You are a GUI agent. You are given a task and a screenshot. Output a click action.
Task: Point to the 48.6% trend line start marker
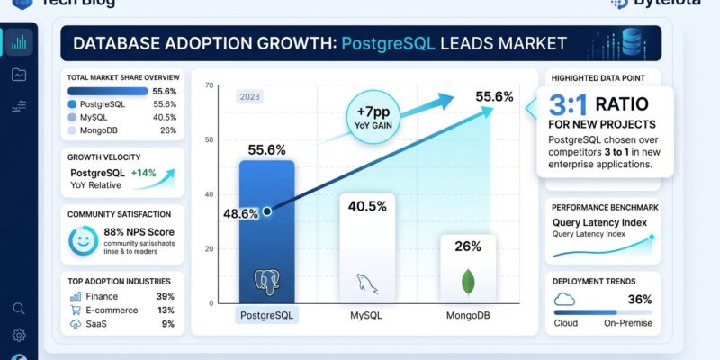pyautogui.click(x=267, y=212)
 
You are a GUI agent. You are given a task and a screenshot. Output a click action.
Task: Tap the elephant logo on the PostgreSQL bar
pyautogui.click(x=267, y=281)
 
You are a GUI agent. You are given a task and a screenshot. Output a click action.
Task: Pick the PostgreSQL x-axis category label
pyautogui.click(x=267, y=315)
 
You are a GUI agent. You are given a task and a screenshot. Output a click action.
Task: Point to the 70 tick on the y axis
pyautogui.click(x=209, y=86)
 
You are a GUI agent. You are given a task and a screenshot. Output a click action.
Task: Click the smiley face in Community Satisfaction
pyautogui.click(x=84, y=240)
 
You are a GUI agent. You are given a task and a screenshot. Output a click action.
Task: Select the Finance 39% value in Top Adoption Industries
pyautogui.click(x=166, y=296)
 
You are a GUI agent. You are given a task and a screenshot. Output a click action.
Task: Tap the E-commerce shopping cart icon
pyautogui.click(x=76, y=310)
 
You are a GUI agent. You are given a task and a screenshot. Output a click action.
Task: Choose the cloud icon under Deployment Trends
pyautogui.click(x=564, y=300)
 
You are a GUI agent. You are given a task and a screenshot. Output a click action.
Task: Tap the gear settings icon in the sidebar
pyautogui.click(x=19, y=336)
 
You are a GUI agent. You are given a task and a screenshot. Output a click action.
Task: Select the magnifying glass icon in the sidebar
pyautogui.click(x=19, y=309)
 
